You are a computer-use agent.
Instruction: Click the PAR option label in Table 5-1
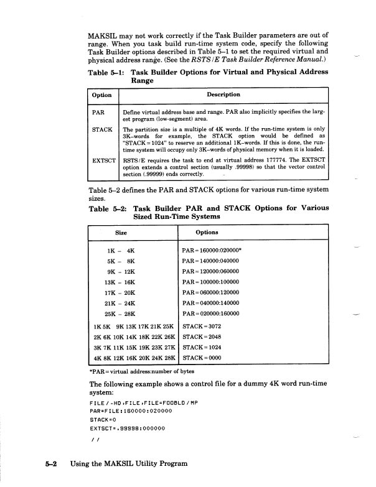98,113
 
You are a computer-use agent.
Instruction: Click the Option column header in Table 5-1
102,95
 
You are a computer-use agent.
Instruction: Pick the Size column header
122,231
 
